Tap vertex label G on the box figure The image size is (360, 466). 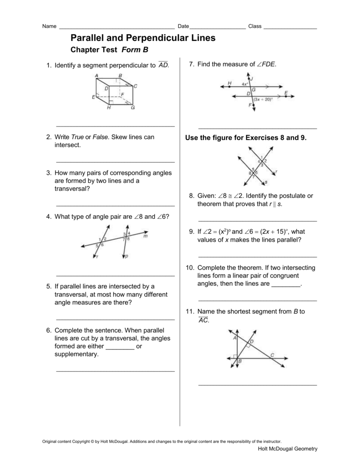point(132,108)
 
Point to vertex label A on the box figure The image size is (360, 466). point(96,76)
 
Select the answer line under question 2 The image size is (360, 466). point(115,162)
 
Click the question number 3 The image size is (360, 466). point(48,173)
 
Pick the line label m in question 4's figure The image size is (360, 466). point(145,236)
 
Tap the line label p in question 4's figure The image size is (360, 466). point(127,257)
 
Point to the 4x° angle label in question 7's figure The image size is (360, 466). point(245,84)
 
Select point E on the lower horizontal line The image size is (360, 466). point(286,93)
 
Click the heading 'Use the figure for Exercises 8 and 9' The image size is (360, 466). point(246,137)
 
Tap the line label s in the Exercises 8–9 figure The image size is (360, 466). point(266,182)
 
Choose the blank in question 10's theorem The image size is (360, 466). point(286,284)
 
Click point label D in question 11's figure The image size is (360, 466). point(252,341)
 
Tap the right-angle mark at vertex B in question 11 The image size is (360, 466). point(235,356)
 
